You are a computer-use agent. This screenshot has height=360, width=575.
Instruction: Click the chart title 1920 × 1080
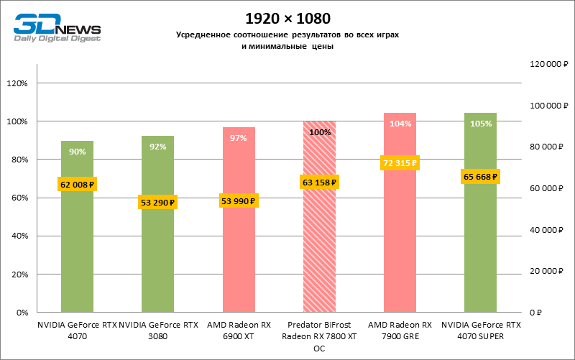(287, 17)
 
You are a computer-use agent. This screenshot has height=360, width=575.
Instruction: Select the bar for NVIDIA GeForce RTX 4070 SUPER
(481, 244)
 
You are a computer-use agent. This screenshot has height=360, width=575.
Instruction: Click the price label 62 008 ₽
(78, 185)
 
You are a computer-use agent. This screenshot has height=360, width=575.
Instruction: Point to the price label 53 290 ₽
(158, 203)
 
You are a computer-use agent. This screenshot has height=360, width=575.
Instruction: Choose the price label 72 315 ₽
(400, 164)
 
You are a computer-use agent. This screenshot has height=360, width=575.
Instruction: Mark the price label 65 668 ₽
(481, 176)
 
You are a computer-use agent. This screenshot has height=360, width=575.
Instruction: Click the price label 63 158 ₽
(319, 183)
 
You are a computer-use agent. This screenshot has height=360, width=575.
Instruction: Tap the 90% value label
(78, 152)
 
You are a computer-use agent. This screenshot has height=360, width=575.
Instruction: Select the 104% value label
(400, 124)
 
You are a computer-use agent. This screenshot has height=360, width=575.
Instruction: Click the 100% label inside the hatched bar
(319, 132)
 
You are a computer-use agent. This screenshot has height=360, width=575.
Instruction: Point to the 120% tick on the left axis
(16, 83)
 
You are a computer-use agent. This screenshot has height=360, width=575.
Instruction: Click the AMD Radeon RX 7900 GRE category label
(400, 330)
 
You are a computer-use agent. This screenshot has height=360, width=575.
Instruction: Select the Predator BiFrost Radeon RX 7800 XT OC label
(319, 336)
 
